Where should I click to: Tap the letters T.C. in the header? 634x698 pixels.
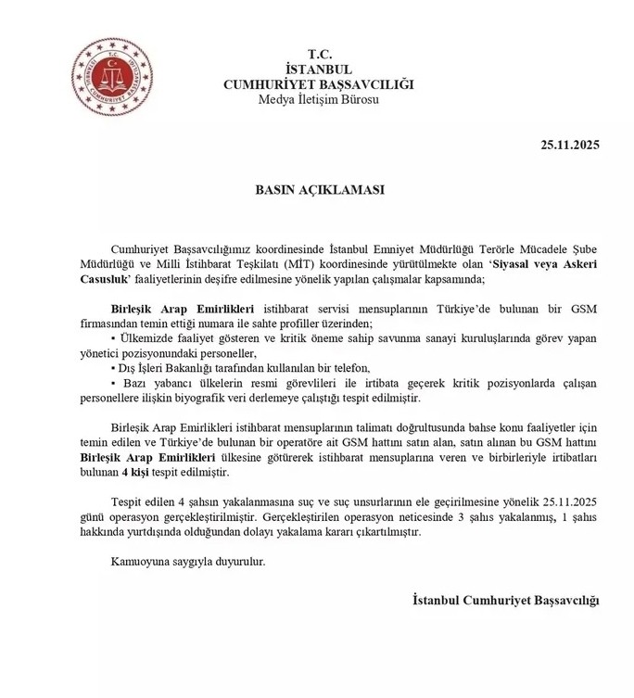[x=318, y=55]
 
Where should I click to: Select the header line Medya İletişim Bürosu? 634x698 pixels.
[x=318, y=99]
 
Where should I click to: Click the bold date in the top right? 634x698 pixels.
[x=570, y=145]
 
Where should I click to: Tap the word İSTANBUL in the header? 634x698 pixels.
[x=318, y=70]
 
